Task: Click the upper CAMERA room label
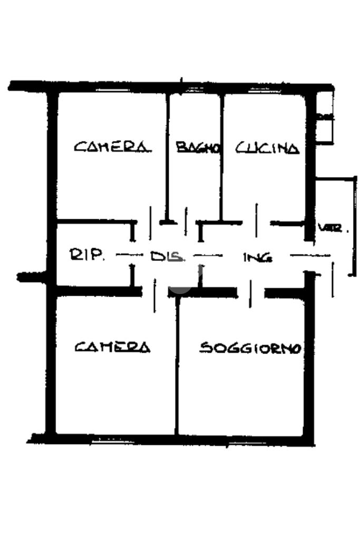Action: pyautogui.click(x=111, y=147)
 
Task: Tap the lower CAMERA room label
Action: pyautogui.click(x=112, y=347)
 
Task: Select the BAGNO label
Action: pyautogui.click(x=197, y=148)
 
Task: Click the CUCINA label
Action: pyautogui.click(x=267, y=148)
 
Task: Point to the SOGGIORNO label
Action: pyautogui.click(x=250, y=348)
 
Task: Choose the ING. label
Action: pyautogui.click(x=258, y=258)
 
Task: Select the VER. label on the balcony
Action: pyautogui.click(x=334, y=229)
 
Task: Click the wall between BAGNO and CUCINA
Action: pyautogui.click(x=222, y=158)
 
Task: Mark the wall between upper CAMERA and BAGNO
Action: pyautogui.click(x=167, y=158)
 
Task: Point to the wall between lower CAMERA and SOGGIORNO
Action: pyautogui.click(x=177, y=369)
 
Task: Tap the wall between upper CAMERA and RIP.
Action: pyautogui.click(x=95, y=221)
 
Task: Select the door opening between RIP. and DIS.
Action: pyautogui.click(x=132, y=255)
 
